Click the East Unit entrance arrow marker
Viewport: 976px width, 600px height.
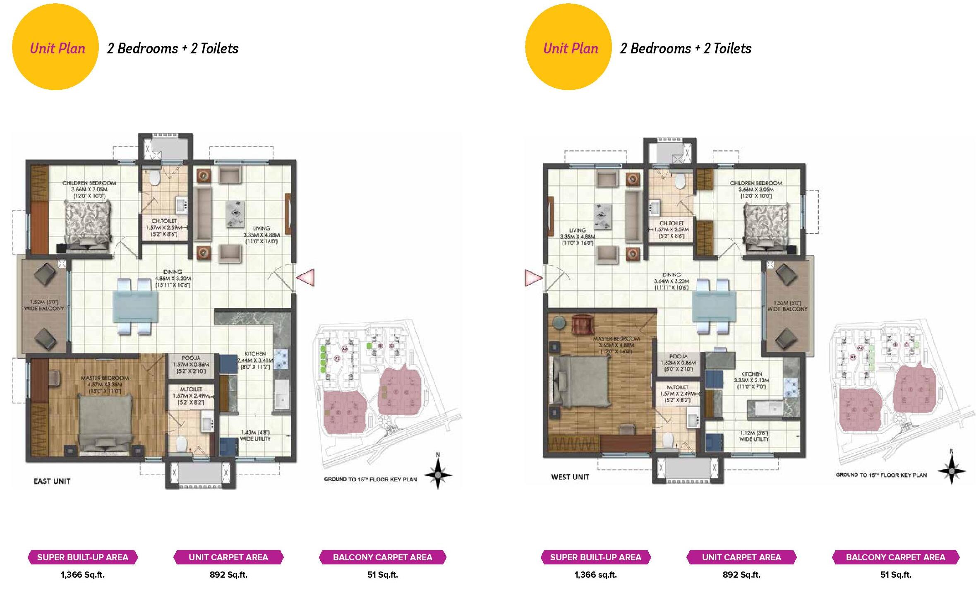[306, 277]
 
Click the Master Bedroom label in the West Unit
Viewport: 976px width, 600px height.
[616, 338]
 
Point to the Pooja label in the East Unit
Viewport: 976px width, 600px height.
[191, 358]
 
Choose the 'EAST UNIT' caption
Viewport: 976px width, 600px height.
[52, 481]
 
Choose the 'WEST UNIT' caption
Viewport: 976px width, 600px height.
[570, 477]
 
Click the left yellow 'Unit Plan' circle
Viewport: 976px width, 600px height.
[55, 47]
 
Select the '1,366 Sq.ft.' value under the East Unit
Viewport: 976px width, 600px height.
[83, 575]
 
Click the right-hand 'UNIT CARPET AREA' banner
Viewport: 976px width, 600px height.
[741, 557]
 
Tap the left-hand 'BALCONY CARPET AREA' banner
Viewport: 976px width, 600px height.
[383, 557]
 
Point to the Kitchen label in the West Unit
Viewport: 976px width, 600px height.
[751, 374]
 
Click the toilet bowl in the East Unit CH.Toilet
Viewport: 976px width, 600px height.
[154, 178]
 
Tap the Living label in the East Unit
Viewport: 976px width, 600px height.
[261, 228]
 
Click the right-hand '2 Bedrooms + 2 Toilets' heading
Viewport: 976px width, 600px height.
[686, 48]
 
